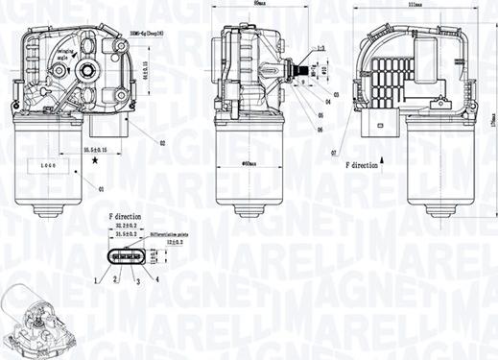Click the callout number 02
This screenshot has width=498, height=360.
(x=163, y=143)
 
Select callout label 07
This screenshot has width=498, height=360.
(x=333, y=152)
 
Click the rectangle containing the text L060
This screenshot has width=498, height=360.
(x=49, y=166)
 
